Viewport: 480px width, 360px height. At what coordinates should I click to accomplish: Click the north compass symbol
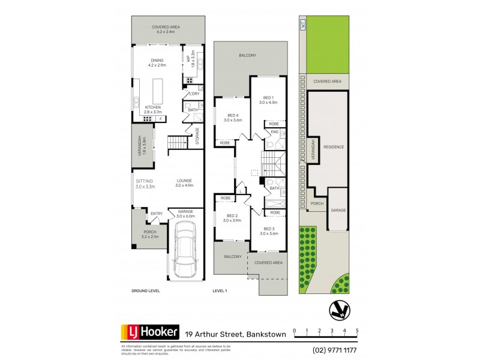[x=338, y=310]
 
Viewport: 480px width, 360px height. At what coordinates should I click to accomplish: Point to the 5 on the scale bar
[x=358, y=331]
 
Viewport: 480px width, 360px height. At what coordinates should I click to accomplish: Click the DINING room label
[x=157, y=60]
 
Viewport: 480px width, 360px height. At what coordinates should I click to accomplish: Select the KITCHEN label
[x=154, y=107]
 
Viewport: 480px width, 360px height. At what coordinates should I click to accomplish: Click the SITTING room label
[x=145, y=181]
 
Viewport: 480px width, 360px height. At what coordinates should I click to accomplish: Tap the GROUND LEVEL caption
[x=145, y=290]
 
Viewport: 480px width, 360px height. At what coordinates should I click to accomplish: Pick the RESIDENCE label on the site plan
[x=334, y=146]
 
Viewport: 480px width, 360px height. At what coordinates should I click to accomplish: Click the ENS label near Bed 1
[x=274, y=131]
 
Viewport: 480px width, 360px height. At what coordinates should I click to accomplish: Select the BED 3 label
[x=269, y=228]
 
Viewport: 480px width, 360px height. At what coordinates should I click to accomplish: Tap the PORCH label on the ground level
[x=149, y=232]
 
